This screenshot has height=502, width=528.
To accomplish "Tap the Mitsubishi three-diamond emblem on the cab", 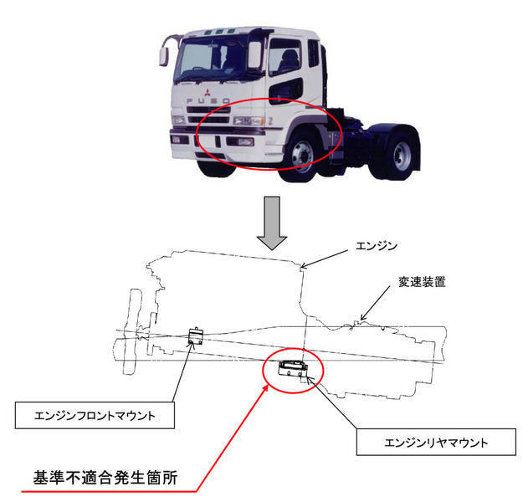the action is tap(207, 92).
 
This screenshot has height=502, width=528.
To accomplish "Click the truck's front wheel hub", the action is tap(302, 156).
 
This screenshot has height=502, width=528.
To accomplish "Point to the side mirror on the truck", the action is tap(164, 57).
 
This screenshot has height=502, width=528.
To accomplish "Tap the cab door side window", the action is tap(285, 57).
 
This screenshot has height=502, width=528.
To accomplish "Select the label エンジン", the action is tap(377, 246).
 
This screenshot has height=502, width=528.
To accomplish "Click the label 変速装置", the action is tap(422, 282).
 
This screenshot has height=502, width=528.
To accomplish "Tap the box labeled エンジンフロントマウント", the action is tap(95, 415).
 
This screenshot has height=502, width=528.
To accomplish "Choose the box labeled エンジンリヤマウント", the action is tap(436, 442).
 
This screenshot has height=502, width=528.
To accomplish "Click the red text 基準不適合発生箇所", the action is tap(105, 478).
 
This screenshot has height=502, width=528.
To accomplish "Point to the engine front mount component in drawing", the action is tap(195, 336).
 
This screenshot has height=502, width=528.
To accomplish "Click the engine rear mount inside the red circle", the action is tap(293, 369).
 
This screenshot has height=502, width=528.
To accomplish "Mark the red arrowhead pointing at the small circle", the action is tap(266, 388).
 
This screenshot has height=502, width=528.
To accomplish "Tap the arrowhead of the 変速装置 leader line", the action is tap(362, 316).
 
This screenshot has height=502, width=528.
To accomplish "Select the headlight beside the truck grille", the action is tap(249, 120).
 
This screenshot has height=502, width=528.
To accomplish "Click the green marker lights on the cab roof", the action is tap(219, 32).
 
